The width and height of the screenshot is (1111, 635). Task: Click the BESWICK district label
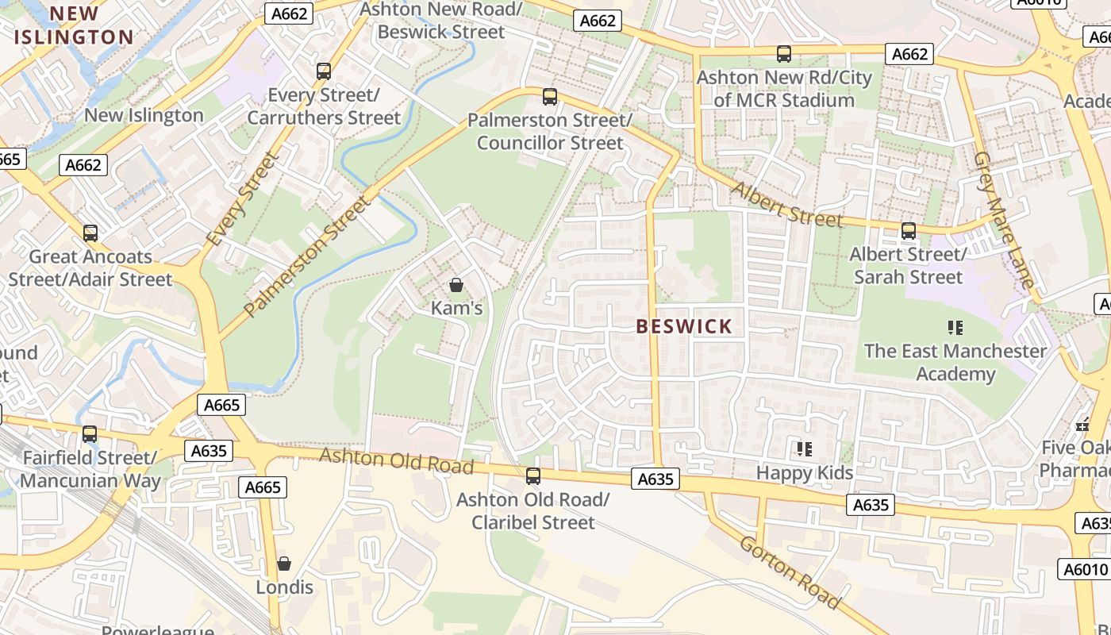(684, 326)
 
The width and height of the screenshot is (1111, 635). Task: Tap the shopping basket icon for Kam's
(456, 284)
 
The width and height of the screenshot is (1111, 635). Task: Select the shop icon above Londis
(284, 564)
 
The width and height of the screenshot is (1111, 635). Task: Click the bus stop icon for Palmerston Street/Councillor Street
(549, 97)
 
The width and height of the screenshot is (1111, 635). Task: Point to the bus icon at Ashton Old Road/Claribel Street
(533, 476)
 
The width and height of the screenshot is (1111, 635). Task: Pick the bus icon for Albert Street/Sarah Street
(908, 231)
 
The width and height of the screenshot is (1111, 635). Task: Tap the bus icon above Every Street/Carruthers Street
(323, 71)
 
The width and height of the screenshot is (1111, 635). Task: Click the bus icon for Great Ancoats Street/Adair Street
(90, 233)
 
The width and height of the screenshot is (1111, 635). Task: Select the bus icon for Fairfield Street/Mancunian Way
(90, 434)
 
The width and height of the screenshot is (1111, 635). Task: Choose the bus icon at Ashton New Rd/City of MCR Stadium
(784, 54)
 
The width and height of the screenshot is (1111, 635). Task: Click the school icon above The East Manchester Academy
(955, 327)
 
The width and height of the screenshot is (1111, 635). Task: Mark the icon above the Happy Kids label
(804, 449)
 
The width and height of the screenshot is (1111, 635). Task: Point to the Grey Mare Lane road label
(1004, 220)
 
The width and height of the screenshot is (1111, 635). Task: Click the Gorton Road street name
(789, 572)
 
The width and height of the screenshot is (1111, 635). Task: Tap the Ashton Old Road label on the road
(396, 460)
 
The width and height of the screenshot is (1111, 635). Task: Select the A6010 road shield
(1084, 569)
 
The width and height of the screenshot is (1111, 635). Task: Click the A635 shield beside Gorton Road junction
(655, 479)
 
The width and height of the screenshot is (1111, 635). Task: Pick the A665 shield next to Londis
(263, 487)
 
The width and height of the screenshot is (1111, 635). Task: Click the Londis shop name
(284, 587)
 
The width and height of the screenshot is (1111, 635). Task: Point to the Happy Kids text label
(804, 473)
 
